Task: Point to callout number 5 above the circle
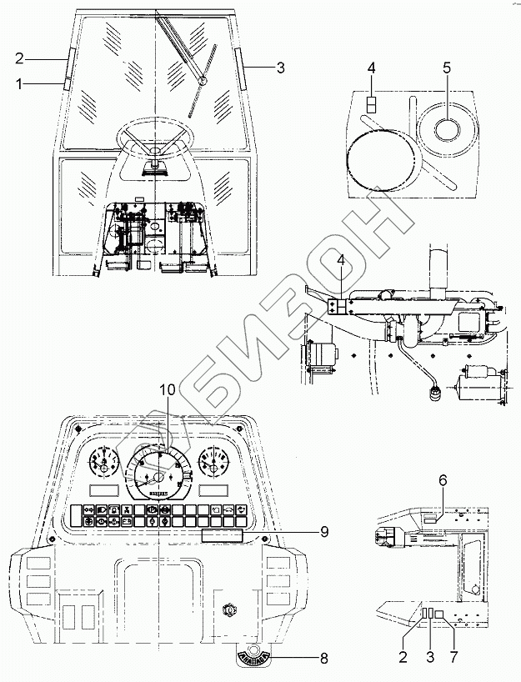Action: point(446,68)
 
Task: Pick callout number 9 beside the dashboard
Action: point(323,530)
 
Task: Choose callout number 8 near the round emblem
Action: point(323,658)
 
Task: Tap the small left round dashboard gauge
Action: point(103,464)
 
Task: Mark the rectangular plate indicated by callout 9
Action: point(221,536)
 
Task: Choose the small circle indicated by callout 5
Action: point(447,128)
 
